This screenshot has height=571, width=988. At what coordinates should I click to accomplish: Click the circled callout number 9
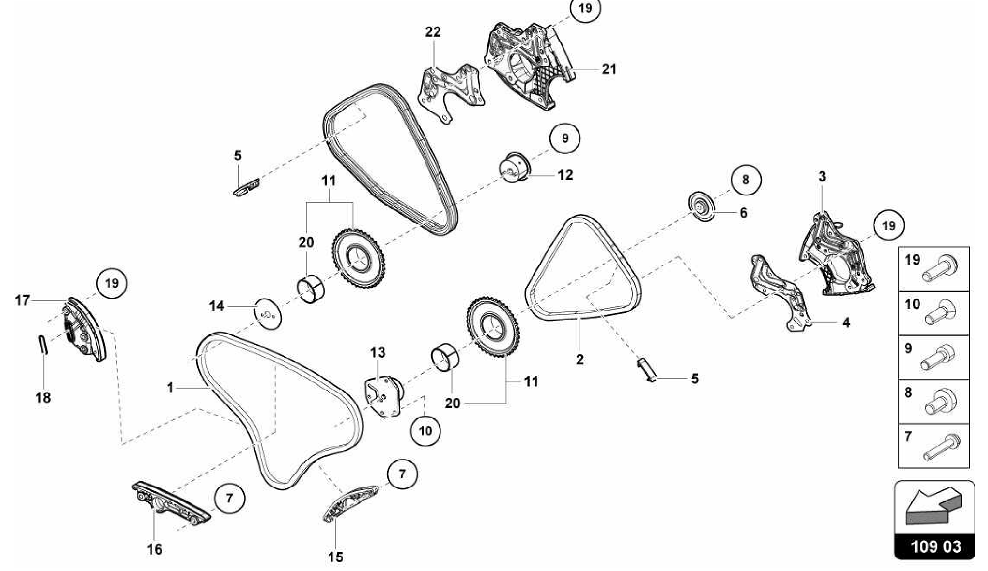(x=565, y=139)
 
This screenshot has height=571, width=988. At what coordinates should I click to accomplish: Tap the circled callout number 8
(x=746, y=180)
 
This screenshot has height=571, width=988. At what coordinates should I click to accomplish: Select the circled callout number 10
(x=425, y=431)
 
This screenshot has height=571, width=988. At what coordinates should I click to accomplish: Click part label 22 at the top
(x=433, y=32)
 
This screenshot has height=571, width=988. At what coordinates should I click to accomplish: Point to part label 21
(x=609, y=69)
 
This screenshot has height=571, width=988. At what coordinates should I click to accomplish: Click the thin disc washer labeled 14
(x=268, y=313)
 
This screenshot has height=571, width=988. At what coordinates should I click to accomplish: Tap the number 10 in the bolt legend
(x=912, y=304)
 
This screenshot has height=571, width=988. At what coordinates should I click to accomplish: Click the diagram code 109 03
(x=935, y=547)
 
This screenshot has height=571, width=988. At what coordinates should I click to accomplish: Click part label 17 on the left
(x=22, y=301)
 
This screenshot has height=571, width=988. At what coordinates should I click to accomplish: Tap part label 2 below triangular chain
(x=579, y=360)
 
